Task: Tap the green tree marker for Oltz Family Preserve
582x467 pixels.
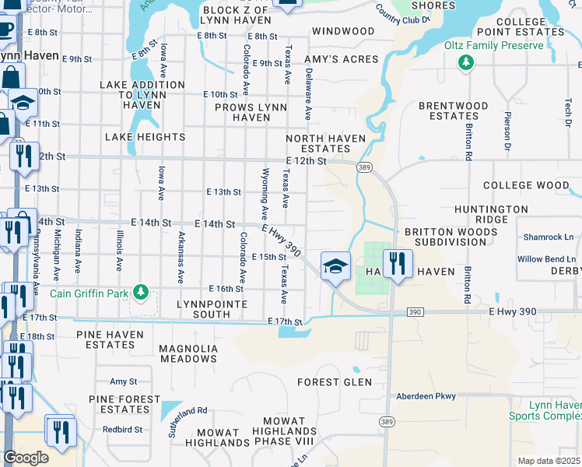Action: pyautogui.click(x=466, y=62)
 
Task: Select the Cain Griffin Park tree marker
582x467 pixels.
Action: pyautogui.click(x=140, y=293)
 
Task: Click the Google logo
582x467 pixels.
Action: pyautogui.click(x=26, y=458)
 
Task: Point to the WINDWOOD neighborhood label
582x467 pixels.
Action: pyautogui.click(x=343, y=31)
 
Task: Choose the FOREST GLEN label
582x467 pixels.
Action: pyautogui.click(x=335, y=382)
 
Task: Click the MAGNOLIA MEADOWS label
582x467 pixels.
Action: pyautogui.click(x=188, y=353)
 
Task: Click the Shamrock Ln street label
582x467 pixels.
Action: pyautogui.click(x=547, y=237)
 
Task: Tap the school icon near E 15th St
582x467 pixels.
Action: pyautogui.click(x=335, y=267)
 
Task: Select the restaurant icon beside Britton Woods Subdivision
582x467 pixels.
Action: pyautogui.click(x=398, y=263)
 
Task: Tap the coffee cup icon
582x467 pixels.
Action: pyautogui.click(x=6, y=28)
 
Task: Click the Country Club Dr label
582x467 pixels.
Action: pyautogui.click(x=402, y=15)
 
